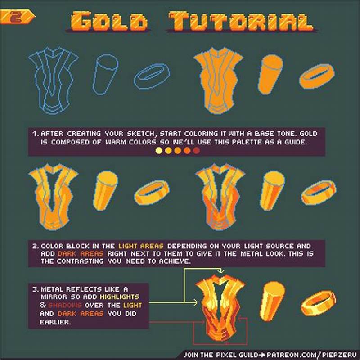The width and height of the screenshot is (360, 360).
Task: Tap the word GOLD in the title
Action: pos(109,21)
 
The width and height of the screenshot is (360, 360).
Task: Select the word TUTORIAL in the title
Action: pos(240,21)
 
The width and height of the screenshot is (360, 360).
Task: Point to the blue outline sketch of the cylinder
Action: pos(105,73)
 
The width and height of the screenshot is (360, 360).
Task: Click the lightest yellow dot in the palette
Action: pos(158,151)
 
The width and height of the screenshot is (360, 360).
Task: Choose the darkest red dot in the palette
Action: pos(196,151)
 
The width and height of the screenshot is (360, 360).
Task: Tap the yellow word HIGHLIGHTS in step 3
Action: pos(120,297)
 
